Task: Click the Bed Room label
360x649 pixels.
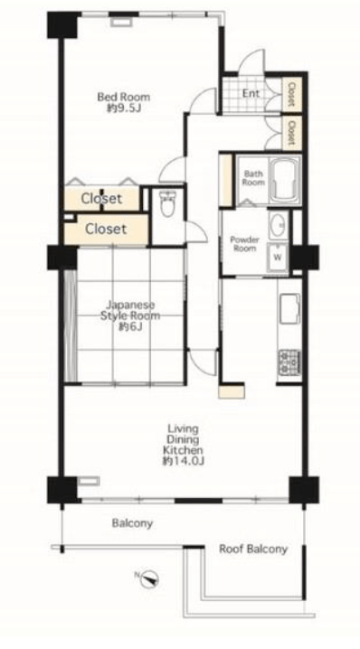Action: pos(123,98)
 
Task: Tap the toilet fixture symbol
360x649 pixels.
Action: pos(167,204)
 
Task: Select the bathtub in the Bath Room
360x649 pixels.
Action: pos(286,180)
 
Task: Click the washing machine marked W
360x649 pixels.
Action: pos(278,257)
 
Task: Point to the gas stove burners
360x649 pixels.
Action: pos(289,362)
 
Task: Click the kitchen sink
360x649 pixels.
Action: pos(290,308)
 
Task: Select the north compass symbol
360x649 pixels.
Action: pos(149,578)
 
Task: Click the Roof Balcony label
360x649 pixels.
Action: pos(253,550)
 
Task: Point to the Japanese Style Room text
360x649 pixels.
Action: pos(130,310)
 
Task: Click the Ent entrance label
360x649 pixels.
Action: pos(251,93)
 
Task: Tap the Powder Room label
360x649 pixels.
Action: pos(244,244)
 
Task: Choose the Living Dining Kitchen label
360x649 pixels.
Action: pos(183,439)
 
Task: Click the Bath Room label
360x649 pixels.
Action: pos(253,178)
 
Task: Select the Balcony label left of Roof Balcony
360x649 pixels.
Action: pos(132,523)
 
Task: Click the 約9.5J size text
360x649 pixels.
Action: pos(122,108)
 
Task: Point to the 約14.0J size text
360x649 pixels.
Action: pos(184,461)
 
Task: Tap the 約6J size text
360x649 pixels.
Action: pos(130,327)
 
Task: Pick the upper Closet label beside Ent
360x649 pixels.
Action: pos(291,94)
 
